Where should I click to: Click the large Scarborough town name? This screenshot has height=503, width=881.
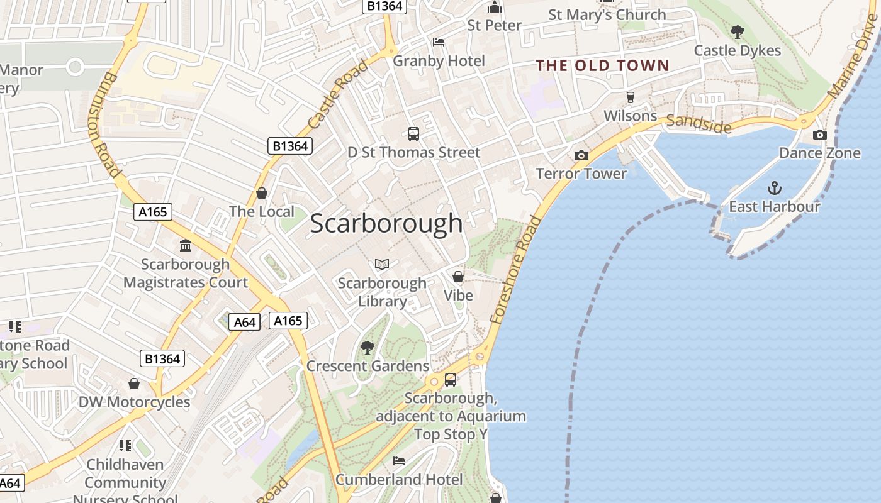pos(386,224)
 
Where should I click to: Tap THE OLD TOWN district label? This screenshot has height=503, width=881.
pos(602,65)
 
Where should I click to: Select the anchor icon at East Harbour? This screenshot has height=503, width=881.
pos(775,187)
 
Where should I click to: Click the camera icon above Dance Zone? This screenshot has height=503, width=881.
pos(819,135)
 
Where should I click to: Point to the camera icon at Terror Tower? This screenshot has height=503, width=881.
pos(581,155)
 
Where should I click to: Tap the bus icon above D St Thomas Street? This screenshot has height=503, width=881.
pos(413,133)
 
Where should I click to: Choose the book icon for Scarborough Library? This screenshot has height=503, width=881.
pos(382,264)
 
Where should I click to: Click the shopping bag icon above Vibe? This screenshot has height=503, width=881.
pos(458,277)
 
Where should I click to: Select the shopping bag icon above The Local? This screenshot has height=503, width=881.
pos(262,192)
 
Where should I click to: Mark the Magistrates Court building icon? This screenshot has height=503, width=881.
pos(185,245)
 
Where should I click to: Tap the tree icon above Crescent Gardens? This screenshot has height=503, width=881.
pos(368,347)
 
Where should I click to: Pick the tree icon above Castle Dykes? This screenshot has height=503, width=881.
pos(737,31)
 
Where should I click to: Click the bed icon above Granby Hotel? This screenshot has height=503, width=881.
pos(439,42)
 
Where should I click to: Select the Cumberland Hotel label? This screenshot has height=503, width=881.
pos(398,479)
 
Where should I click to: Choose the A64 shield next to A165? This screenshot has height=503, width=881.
pos(244,323)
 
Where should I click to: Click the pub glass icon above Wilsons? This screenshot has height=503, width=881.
pos(630,97)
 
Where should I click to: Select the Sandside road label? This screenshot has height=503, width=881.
pos(699,124)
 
